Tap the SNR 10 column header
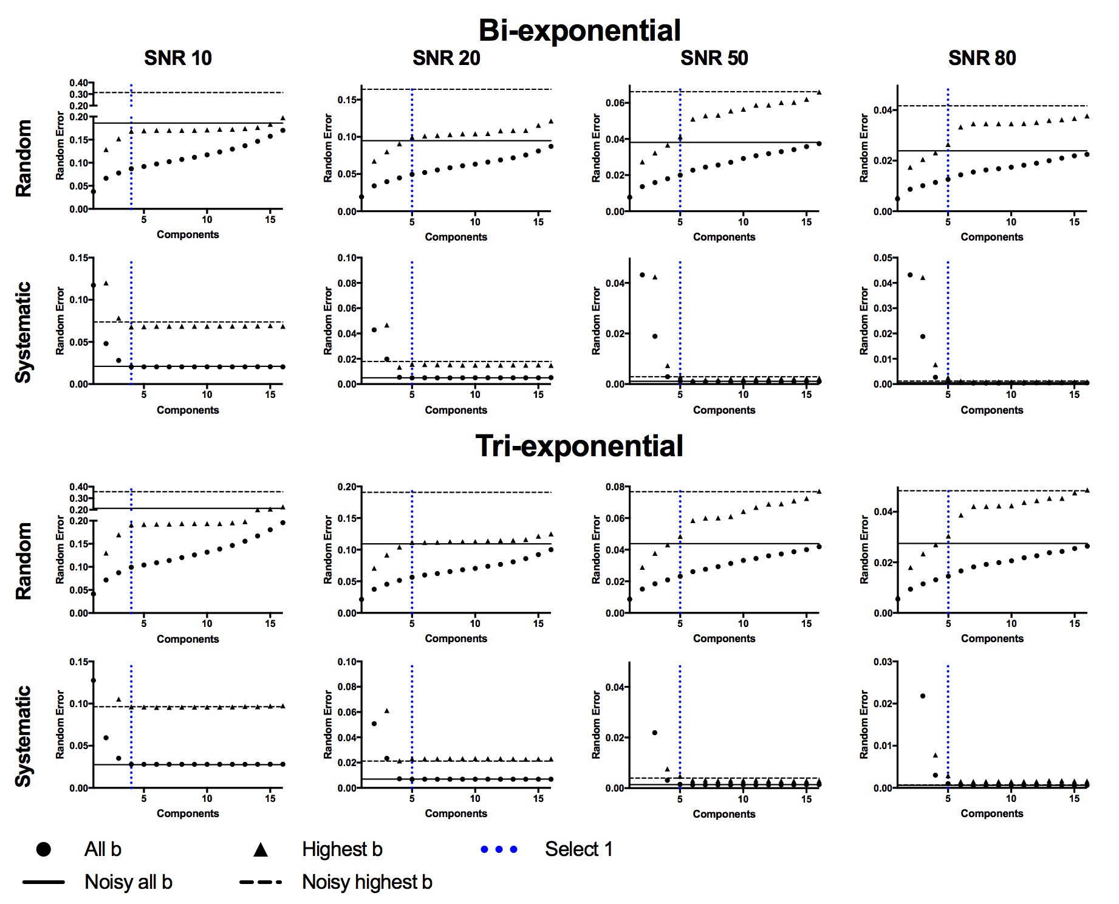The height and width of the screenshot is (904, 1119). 178,58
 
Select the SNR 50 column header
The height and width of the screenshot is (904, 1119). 714,58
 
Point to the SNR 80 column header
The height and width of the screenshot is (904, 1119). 982,58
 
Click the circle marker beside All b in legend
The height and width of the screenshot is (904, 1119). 44,849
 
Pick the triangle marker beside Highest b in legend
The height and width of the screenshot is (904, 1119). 261,849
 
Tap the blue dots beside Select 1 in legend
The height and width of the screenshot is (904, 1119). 499,849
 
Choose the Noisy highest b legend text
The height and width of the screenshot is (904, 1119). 367,882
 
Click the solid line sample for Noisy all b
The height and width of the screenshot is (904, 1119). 44,882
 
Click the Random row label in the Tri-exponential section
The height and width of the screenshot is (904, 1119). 23,561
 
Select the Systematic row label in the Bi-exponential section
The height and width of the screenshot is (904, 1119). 23,332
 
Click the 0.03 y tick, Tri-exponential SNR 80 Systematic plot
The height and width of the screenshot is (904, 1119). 883,662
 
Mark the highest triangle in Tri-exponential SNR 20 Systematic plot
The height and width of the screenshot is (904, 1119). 387,710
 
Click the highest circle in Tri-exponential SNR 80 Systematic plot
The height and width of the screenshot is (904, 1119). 923,696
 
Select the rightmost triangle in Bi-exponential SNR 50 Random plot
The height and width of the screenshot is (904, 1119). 819,92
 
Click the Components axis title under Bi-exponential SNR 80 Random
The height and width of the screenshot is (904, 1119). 991,237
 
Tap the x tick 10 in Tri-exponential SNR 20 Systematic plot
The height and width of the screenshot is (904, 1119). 475,799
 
